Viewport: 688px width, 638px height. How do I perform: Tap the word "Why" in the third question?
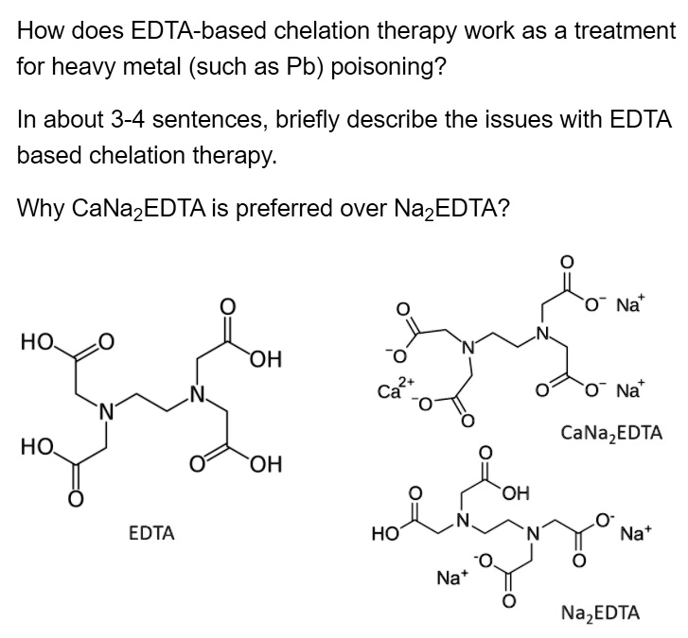[x=39, y=208]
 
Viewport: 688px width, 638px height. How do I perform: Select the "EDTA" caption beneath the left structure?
[x=151, y=533]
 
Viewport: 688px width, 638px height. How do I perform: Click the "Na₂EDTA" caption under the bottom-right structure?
[x=600, y=612]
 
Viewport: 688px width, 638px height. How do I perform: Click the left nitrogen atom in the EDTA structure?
[x=107, y=409]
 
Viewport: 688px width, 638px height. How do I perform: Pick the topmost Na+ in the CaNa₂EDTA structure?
[x=627, y=305]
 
